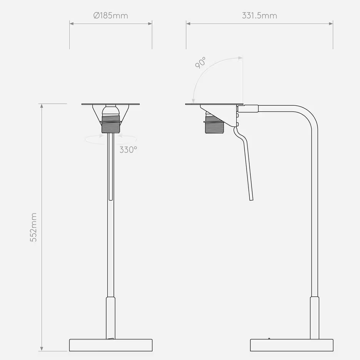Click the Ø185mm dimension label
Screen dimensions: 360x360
(x=110, y=16)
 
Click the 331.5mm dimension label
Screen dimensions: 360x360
(x=259, y=16)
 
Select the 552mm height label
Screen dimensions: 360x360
(x=34, y=227)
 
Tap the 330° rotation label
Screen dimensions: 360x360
(x=128, y=150)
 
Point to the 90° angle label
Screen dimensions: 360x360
(x=200, y=62)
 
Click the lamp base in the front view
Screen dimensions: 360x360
(x=111, y=345)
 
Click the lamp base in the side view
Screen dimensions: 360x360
(x=292, y=345)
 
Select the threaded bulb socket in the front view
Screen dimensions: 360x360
(x=110, y=127)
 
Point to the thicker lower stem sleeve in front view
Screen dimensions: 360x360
(x=111, y=317)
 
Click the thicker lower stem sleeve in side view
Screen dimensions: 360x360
(x=315, y=317)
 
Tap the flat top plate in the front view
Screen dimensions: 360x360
(x=110, y=104)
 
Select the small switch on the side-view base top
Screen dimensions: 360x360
(x=269, y=338)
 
